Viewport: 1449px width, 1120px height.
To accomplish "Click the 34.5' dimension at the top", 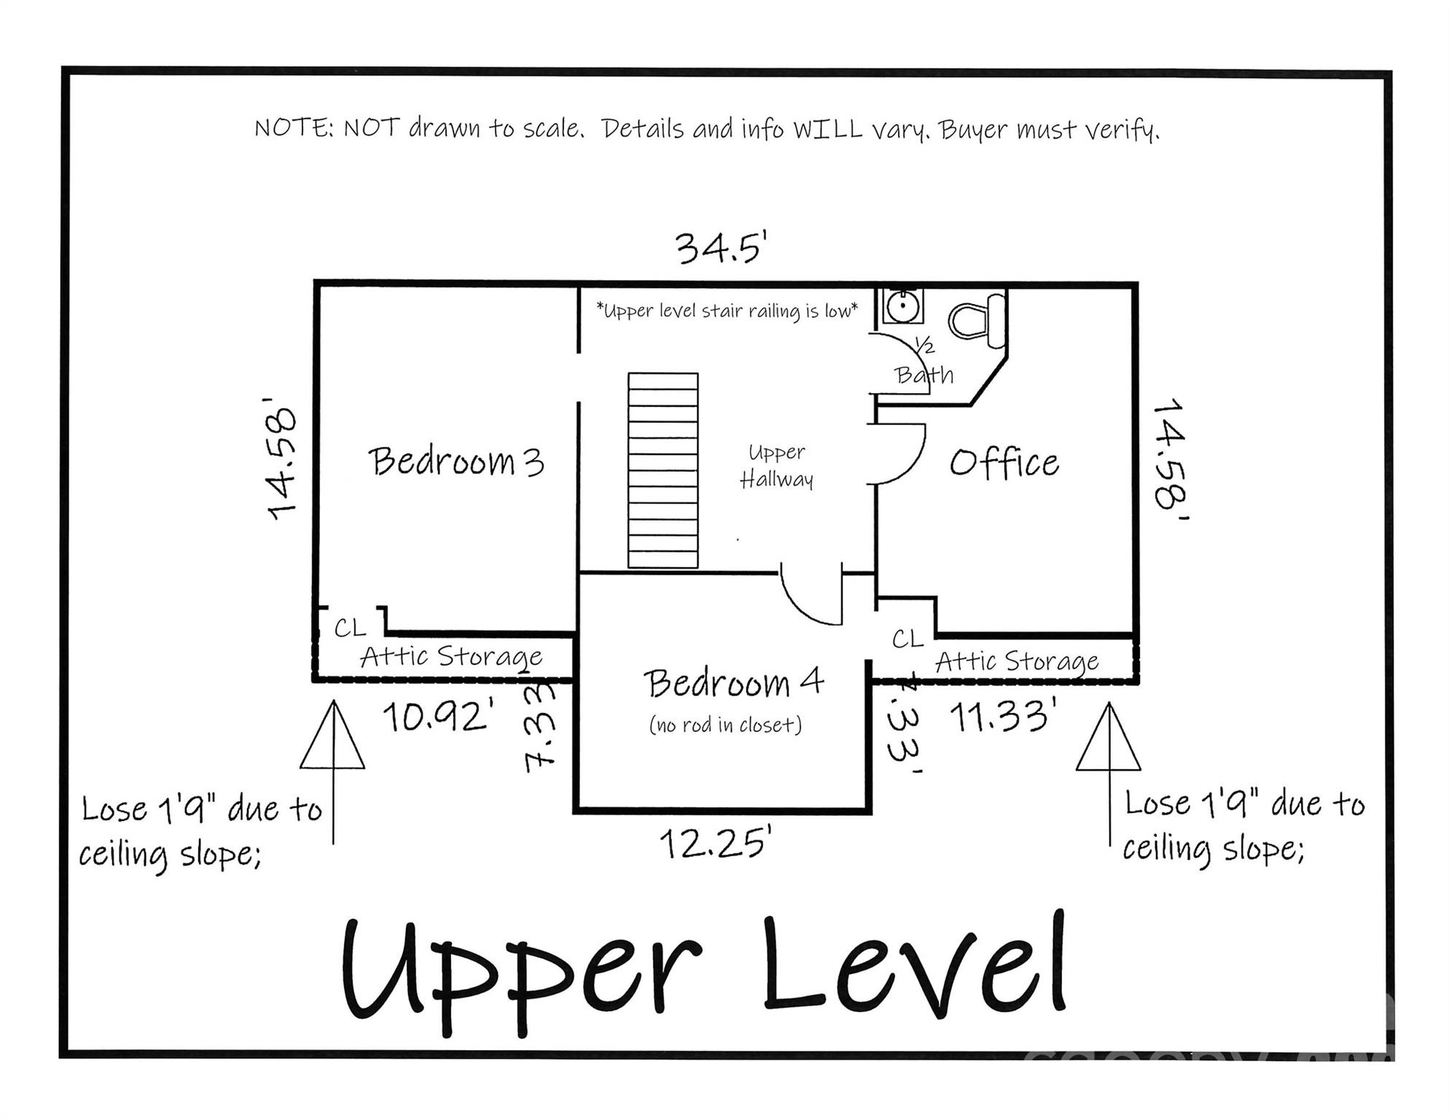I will pyautogui.click(x=721, y=247).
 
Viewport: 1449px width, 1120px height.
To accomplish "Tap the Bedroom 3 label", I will pyautogui.click(x=456, y=462).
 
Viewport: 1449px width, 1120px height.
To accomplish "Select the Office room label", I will pyautogui.click(x=1004, y=463).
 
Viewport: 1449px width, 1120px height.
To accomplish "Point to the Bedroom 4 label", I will pyautogui.click(x=733, y=683).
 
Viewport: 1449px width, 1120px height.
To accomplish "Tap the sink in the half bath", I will pyautogui.click(x=902, y=306).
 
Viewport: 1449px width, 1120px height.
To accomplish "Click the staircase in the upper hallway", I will pyautogui.click(x=663, y=470).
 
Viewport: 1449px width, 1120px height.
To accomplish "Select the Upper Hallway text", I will pyautogui.click(x=776, y=466).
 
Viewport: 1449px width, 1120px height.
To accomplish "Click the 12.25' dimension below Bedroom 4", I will pyautogui.click(x=715, y=844).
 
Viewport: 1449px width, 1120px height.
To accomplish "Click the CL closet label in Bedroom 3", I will pyautogui.click(x=350, y=628).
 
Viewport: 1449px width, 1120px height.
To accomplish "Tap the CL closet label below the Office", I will pyautogui.click(x=907, y=639).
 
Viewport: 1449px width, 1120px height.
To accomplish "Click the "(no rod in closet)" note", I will pyautogui.click(x=725, y=725).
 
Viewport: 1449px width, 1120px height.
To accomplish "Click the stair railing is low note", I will pyautogui.click(x=727, y=311).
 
